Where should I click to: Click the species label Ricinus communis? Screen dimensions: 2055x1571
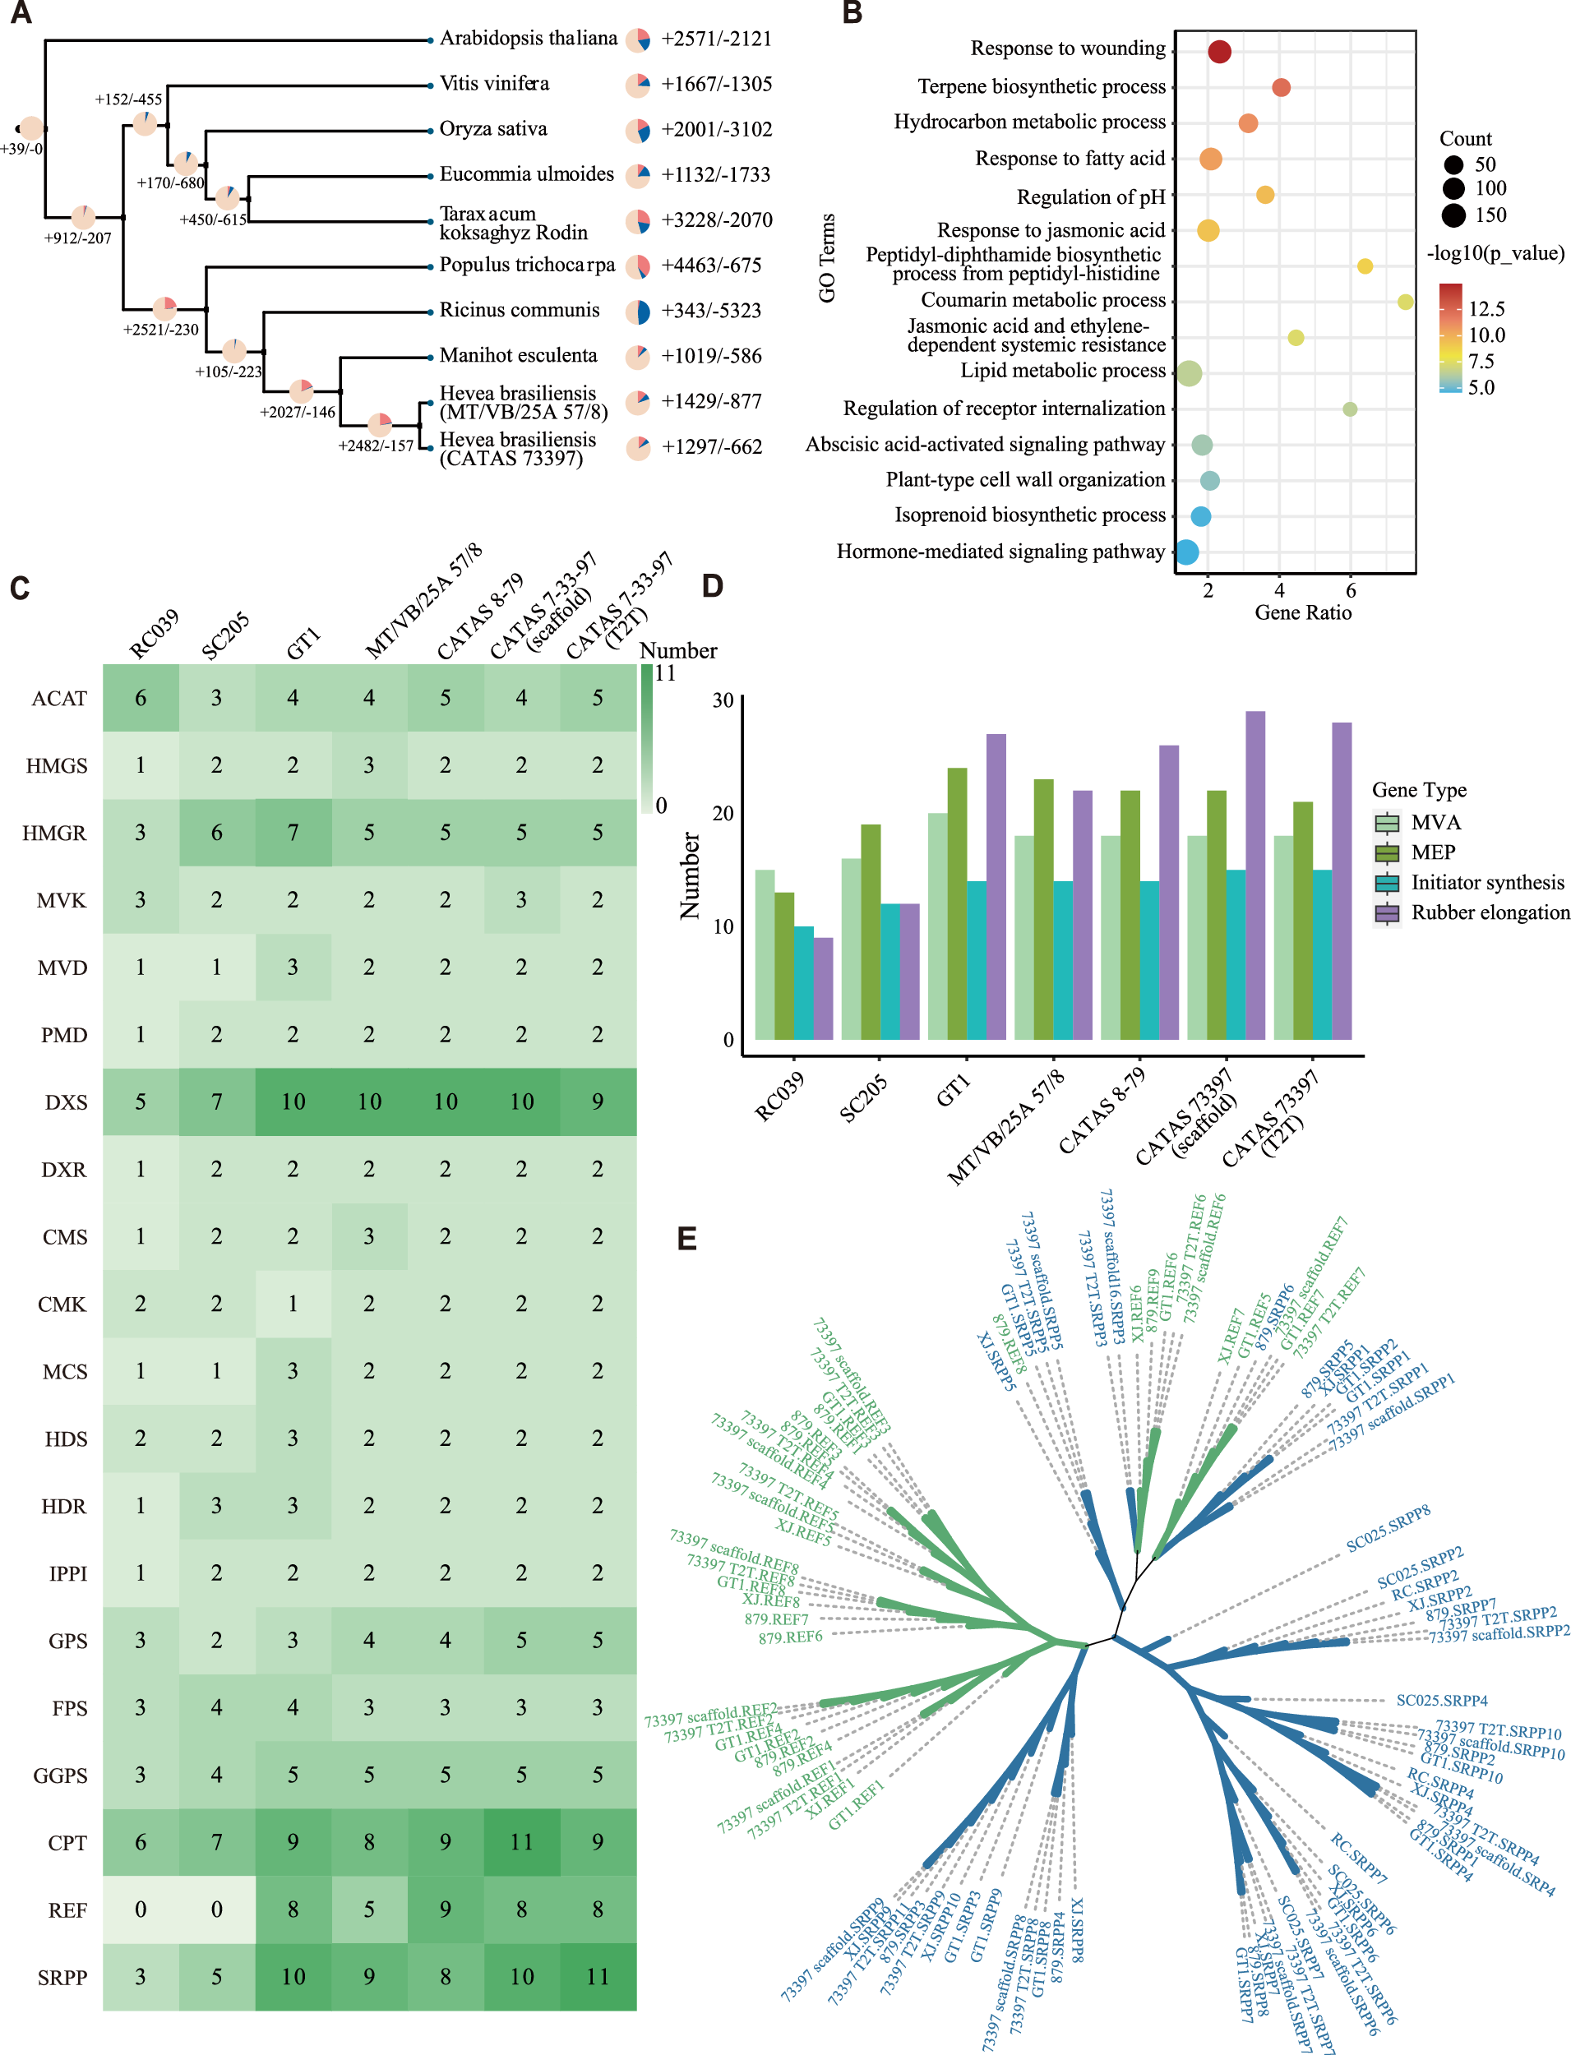tap(519, 311)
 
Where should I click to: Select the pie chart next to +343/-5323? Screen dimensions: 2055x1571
tap(638, 312)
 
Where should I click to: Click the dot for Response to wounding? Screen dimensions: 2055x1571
tap(1218, 52)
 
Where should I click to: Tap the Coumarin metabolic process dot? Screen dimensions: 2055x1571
tap(1405, 302)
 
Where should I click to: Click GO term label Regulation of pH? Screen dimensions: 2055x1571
tap(1090, 197)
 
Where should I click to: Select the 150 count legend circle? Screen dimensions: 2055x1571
tap(1453, 216)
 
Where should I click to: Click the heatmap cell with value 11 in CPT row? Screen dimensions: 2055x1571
tap(522, 1842)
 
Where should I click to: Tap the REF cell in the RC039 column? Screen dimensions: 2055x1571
tap(141, 1910)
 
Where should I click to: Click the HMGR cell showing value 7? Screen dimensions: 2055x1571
tap(293, 832)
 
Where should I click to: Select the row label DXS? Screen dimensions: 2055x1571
tap(66, 1102)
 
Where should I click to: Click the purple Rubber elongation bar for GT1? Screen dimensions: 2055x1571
tap(996, 886)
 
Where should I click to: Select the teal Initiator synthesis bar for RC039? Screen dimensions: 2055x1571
tap(803, 982)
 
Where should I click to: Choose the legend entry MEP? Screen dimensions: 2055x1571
tap(1432, 852)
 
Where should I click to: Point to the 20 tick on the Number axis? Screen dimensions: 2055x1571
tap(723, 814)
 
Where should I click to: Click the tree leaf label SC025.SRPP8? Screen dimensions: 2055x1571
tap(1388, 1529)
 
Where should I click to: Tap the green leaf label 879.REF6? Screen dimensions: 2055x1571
tap(790, 1637)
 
